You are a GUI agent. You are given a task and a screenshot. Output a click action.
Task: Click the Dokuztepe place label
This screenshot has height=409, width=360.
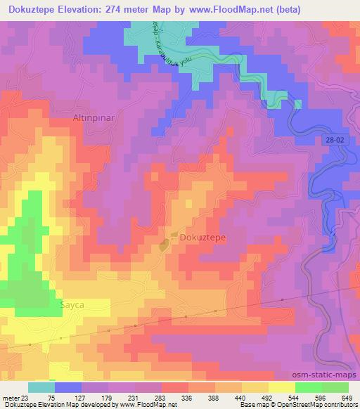[x=202, y=238]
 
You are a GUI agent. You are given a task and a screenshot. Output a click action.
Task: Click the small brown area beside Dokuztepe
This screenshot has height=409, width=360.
[x=165, y=245]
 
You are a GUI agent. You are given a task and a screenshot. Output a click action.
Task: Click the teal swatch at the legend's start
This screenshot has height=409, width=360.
[x=41, y=387]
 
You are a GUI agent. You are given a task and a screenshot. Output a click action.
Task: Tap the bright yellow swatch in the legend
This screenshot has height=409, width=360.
[x=281, y=387]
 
